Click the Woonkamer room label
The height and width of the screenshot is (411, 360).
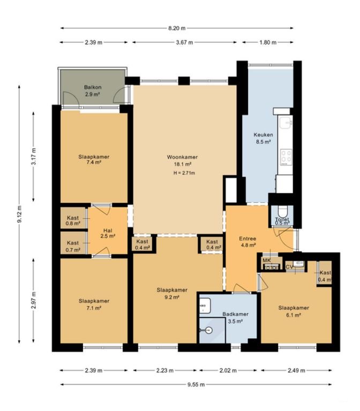pyautogui.click(x=182, y=157)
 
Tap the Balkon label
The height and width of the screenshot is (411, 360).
pyautogui.click(x=93, y=87)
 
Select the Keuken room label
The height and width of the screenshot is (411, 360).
pyautogui.click(x=263, y=135)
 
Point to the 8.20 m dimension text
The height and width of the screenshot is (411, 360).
pyautogui.click(x=177, y=28)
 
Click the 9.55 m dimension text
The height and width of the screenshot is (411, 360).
pyautogui.click(x=196, y=385)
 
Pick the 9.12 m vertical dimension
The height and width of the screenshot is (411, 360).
pyautogui.click(x=19, y=214)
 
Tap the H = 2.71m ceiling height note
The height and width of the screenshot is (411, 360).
pyautogui.click(x=184, y=173)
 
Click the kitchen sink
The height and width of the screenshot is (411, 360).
pyautogui.click(x=286, y=123)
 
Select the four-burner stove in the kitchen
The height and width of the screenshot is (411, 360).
pyautogui.click(x=286, y=157)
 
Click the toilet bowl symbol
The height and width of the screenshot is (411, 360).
pyautogui.click(x=282, y=212)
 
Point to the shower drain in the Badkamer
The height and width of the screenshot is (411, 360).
pyautogui.click(x=208, y=331)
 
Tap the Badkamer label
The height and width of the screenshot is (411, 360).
pyautogui.click(x=235, y=314)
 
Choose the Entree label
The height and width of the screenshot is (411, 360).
pyautogui.click(x=247, y=239)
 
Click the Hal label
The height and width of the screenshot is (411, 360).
pyautogui.click(x=108, y=231)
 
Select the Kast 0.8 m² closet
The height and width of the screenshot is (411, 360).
pyautogui.click(x=73, y=218)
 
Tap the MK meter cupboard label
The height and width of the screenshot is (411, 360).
pyautogui.click(x=267, y=261)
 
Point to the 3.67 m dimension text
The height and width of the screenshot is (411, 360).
pyautogui.click(x=184, y=42)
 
